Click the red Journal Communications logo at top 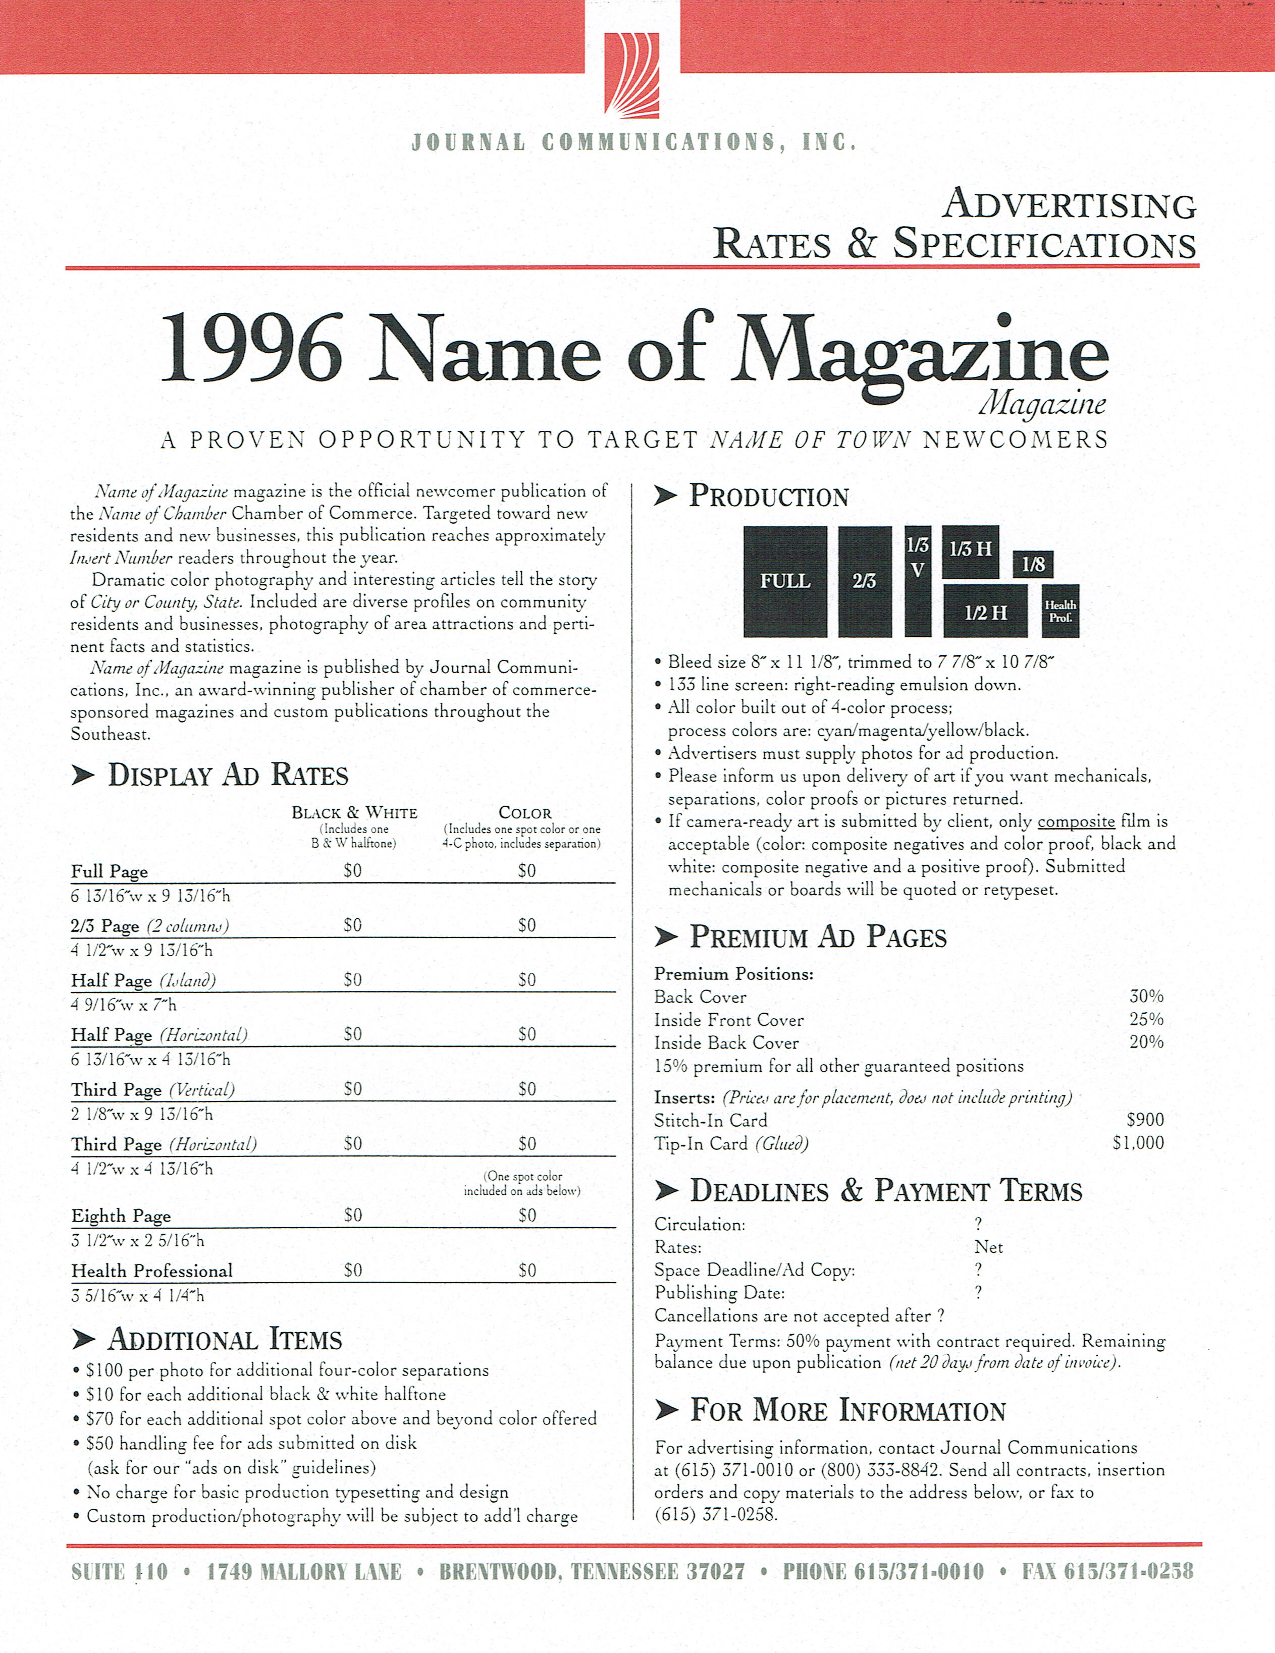click(631, 74)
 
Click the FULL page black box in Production click(785, 581)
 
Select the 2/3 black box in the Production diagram click(865, 581)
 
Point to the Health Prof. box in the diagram click(1060, 611)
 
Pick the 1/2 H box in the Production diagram click(986, 612)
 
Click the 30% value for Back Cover click(1146, 996)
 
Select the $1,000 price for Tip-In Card click(1138, 1143)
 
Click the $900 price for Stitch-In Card click(1145, 1119)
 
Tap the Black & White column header click(354, 813)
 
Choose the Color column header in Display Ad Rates click(525, 813)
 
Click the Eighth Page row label click(121, 1216)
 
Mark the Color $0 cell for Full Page click(527, 871)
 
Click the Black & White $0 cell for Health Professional click(353, 1270)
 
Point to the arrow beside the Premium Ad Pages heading click(665, 938)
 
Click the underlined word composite click(1076, 822)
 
